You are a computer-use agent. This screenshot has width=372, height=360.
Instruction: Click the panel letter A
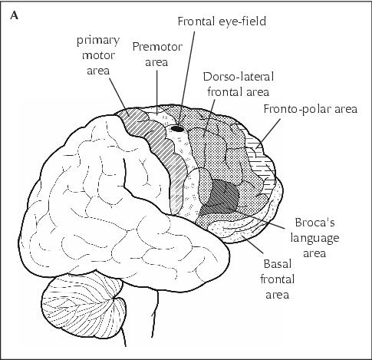(x=15, y=16)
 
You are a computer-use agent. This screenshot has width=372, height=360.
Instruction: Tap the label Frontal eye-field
(x=222, y=21)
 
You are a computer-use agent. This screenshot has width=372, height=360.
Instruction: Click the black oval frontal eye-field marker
(x=177, y=128)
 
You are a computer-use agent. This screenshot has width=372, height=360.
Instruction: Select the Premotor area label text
(x=157, y=54)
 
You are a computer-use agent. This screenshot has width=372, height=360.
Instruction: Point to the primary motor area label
(x=98, y=55)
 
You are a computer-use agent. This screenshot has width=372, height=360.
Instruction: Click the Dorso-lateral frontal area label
(x=239, y=84)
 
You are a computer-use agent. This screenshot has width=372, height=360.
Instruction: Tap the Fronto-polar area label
(x=311, y=109)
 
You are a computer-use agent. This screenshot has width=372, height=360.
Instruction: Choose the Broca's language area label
(x=314, y=238)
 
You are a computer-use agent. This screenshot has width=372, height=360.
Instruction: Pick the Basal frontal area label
(x=278, y=279)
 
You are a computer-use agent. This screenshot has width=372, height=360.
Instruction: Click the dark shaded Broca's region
(x=222, y=196)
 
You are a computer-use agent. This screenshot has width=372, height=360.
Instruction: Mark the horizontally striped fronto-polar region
(x=261, y=159)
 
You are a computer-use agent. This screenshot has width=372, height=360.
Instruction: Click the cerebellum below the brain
(x=84, y=307)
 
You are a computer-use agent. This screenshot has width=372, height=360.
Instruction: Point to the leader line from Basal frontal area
(x=252, y=243)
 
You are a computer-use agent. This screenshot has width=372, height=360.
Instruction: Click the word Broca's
(x=314, y=223)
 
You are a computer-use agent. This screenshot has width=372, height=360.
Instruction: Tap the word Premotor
(x=157, y=47)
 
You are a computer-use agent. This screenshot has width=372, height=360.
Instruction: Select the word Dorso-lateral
(x=239, y=77)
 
